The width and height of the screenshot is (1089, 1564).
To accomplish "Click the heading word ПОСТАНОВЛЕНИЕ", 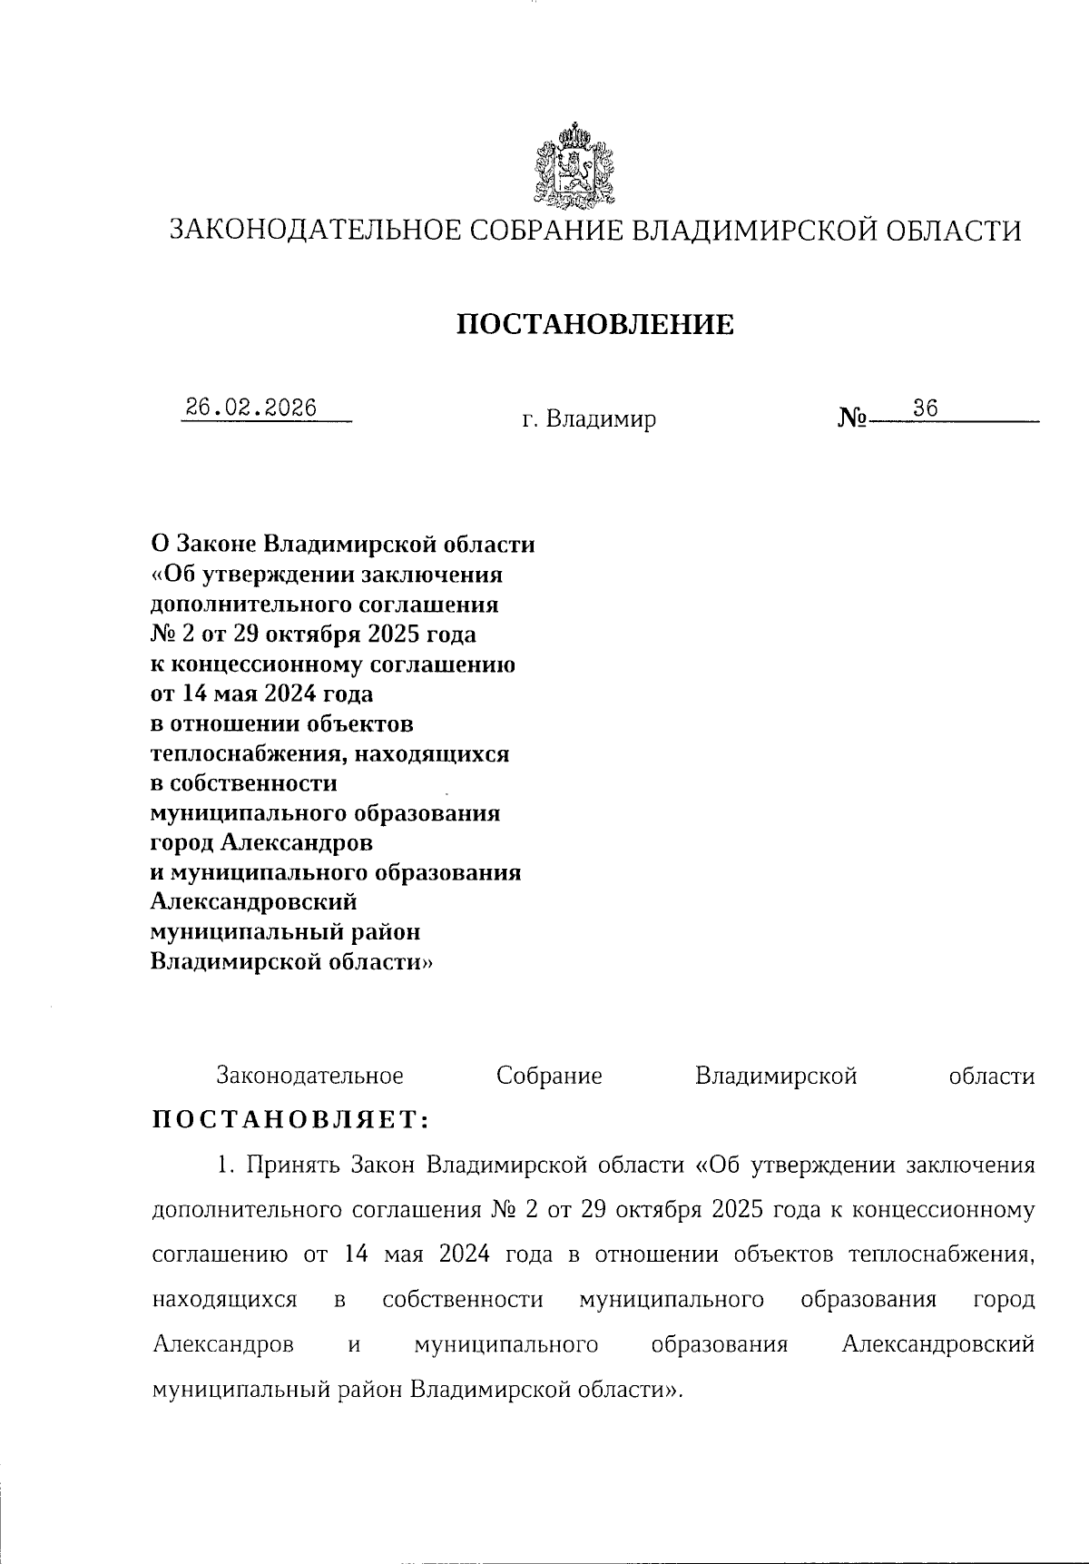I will click(x=595, y=324).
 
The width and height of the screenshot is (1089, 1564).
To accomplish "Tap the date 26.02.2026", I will click(x=250, y=408).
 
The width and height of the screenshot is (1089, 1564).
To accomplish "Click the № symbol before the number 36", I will click(x=852, y=419).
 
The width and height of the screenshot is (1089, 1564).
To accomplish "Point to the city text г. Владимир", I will click(x=588, y=419).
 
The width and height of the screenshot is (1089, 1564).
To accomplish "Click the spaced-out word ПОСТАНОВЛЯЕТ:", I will click(x=289, y=1119).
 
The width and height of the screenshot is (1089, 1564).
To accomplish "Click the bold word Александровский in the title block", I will click(x=253, y=902).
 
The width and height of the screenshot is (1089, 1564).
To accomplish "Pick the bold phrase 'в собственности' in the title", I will click(x=243, y=782).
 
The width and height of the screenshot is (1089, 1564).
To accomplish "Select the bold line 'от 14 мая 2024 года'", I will click(x=261, y=694).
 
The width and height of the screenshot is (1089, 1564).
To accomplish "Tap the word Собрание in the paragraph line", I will click(x=549, y=1077).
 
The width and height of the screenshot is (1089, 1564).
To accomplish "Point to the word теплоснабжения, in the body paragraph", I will click(x=940, y=1255).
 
